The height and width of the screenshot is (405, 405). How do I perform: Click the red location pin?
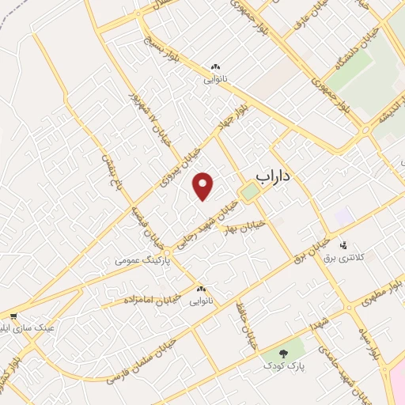[x=204, y=186]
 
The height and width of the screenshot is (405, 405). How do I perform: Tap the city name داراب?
[x=273, y=176]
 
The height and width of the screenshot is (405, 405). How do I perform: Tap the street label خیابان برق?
[x=311, y=249]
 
